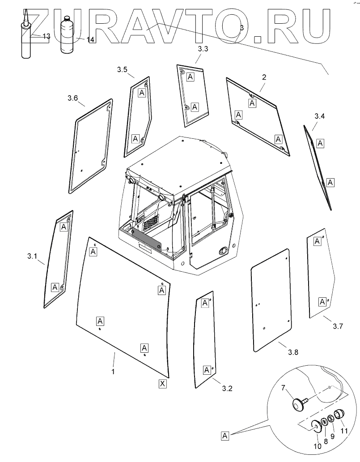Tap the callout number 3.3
203,50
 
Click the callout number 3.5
123,69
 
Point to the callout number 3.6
72,98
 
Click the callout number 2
264,77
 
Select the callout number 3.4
319,117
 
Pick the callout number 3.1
31,257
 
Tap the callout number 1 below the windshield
113,371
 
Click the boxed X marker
162,384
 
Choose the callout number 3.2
227,389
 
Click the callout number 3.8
293,352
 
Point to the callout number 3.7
338,326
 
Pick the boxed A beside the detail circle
225,435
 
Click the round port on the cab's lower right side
222,250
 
